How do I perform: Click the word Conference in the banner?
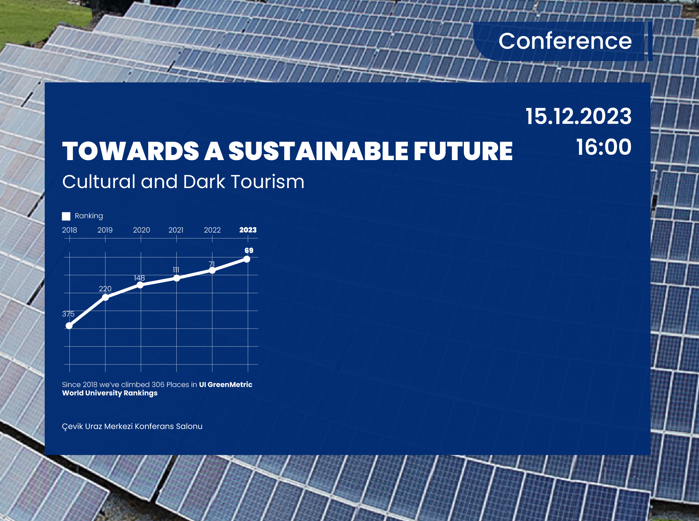pyautogui.click(x=565, y=41)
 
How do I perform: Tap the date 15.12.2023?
pyautogui.click(x=578, y=116)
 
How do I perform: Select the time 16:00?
pyautogui.click(x=603, y=147)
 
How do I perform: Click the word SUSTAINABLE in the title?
pyautogui.click(x=318, y=151)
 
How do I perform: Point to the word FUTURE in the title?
pyautogui.click(x=463, y=151)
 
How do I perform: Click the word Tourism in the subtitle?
pyautogui.click(x=267, y=182)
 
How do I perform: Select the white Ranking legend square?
pyautogui.click(x=66, y=216)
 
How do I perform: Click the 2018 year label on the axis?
pyautogui.click(x=69, y=230)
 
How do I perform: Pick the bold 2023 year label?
pyautogui.click(x=248, y=230)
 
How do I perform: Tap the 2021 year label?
pyautogui.click(x=176, y=230)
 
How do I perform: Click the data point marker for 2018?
pyautogui.click(x=69, y=326)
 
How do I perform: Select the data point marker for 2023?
pyautogui.click(x=247, y=259)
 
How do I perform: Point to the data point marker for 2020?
pyautogui.click(x=140, y=285)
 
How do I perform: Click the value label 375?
pyautogui.click(x=68, y=314)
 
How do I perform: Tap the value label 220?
pyautogui.click(x=105, y=288)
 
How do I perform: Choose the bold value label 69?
pyautogui.click(x=249, y=251)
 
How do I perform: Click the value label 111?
pyautogui.click(x=176, y=270)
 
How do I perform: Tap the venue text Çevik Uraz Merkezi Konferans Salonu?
pyautogui.click(x=132, y=426)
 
